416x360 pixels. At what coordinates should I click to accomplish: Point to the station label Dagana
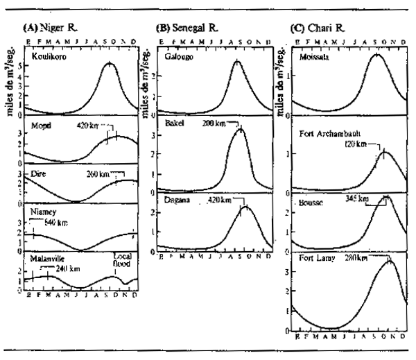point(177,199)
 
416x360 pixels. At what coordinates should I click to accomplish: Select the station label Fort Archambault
point(329,133)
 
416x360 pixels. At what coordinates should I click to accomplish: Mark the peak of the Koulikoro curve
point(109,63)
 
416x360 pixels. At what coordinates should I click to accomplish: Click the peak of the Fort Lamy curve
point(390,261)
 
